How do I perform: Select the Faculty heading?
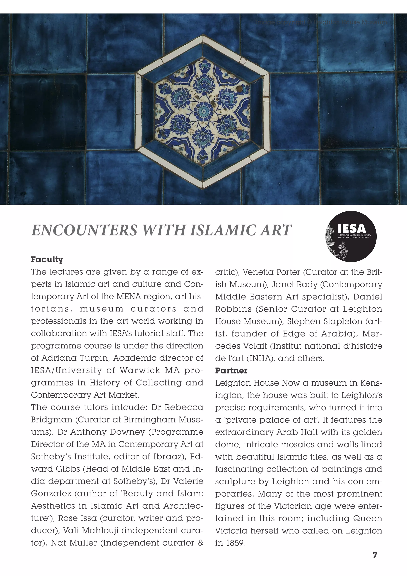(47, 259)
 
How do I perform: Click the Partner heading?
(231, 371)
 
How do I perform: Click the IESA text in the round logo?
(352, 228)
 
